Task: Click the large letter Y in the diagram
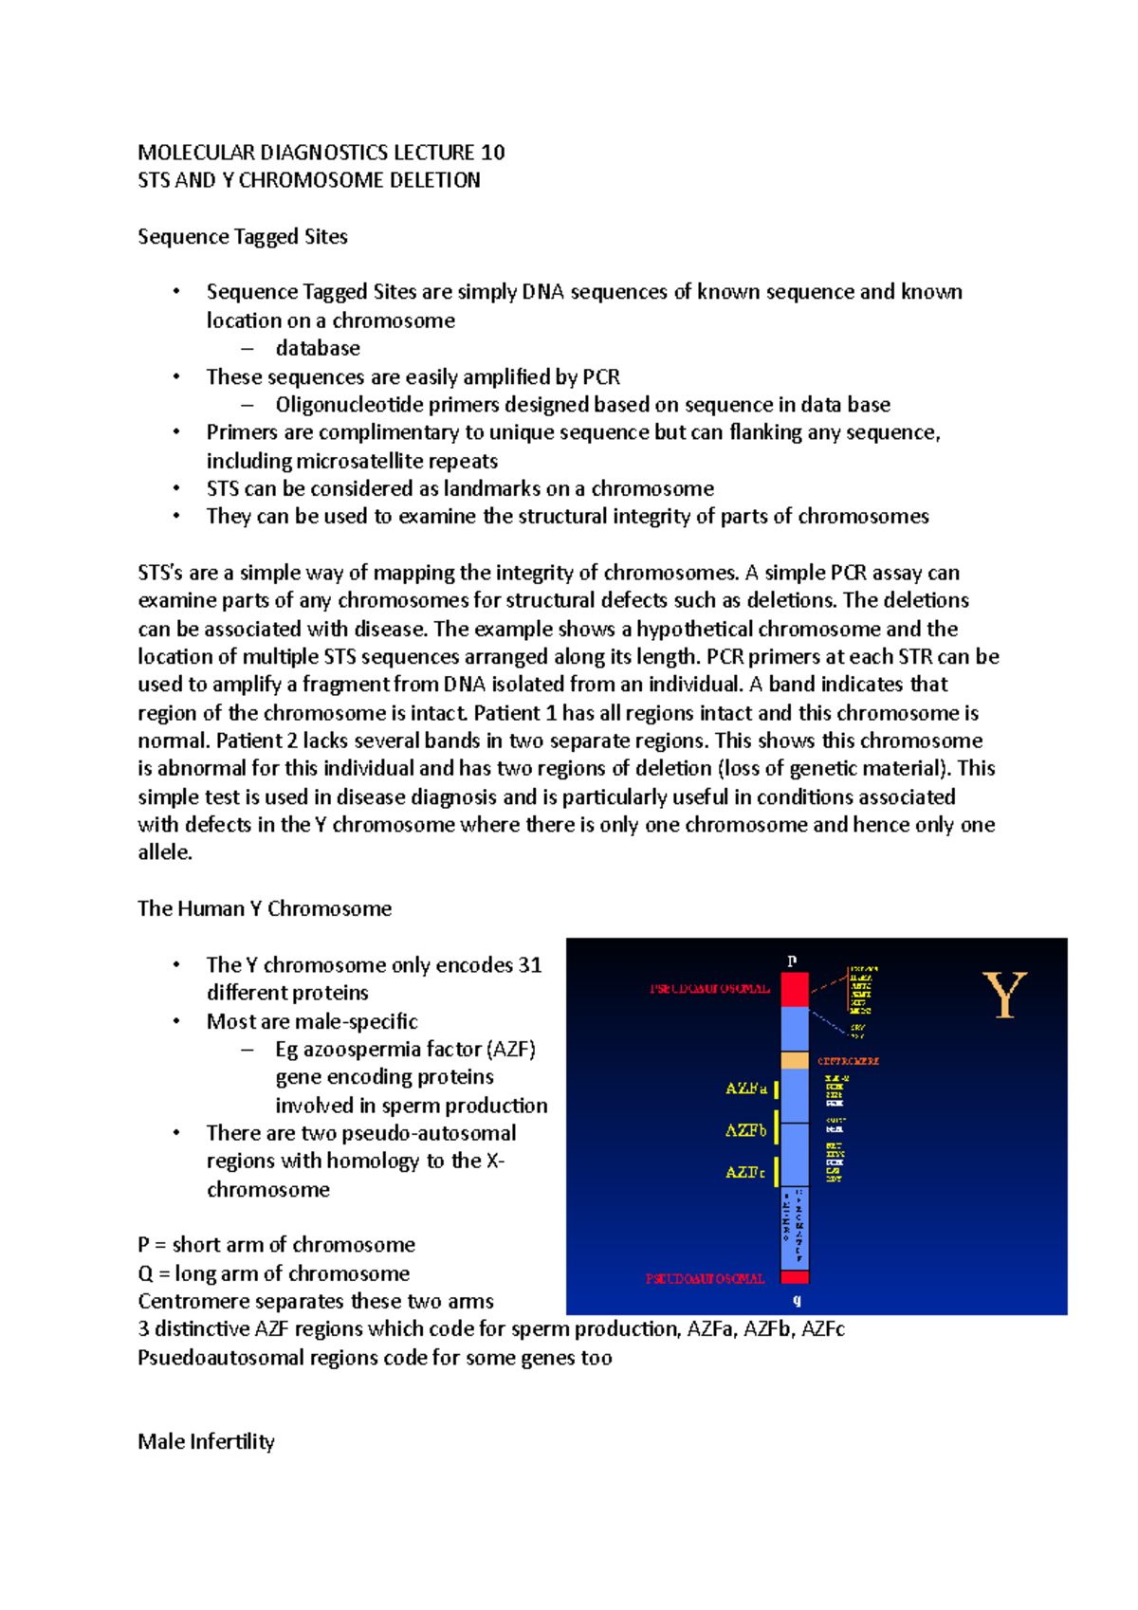[x=1004, y=995]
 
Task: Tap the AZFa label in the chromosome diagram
[x=745, y=1089]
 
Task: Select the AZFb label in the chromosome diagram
[x=745, y=1130]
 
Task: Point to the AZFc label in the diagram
[x=745, y=1173]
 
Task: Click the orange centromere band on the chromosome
[x=795, y=1060]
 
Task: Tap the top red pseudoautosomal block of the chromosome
[x=795, y=989]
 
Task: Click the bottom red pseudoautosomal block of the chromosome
[x=795, y=1277]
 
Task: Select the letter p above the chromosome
[x=792, y=961]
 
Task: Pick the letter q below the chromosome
[x=797, y=1300]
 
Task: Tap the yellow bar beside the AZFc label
[x=777, y=1172]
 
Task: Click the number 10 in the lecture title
[x=492, y=153]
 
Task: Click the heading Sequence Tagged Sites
[x=243, y=237]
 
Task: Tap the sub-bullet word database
[x=318, y=348]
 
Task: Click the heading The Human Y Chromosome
[x=265, y=908]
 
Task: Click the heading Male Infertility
[x=206, y=1442]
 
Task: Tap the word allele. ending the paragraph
[x=165, y=852]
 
